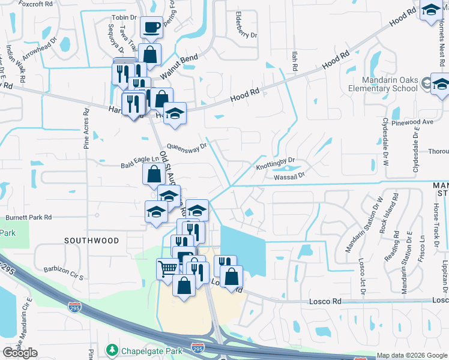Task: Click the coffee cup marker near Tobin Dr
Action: (x=151, y=27)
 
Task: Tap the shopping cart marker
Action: (x=167, y=268)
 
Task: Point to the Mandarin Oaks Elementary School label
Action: (x=390, y=85)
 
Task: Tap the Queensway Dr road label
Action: (x=187, y=146)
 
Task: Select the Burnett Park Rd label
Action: (x=29, y=217)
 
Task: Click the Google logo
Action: (x=20, y=353)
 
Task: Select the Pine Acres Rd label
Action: (x=86, y=129)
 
